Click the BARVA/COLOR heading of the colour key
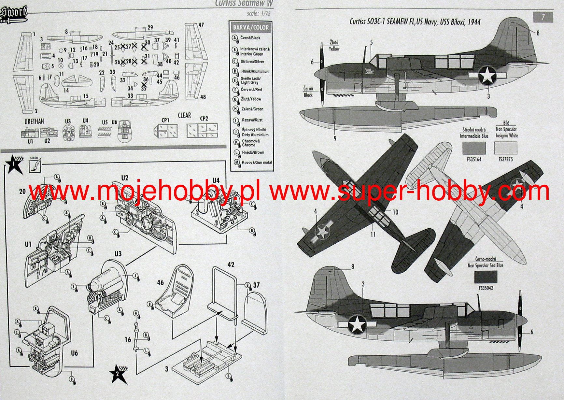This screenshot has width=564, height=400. (251, 27)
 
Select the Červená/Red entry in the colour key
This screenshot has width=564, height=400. (251, 90)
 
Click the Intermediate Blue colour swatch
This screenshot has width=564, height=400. (474, 149)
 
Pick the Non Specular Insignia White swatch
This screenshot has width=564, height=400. (505, 149)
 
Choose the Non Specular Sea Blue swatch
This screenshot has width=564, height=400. (486, 277)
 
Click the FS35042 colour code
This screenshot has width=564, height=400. (486, 288)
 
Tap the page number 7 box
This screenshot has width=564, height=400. (543, 17)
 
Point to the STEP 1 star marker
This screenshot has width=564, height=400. (14, 164)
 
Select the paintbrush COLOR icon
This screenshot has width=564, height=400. (34, 165)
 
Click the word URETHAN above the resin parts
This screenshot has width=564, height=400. (34, 121)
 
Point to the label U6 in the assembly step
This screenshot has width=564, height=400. (74, 353)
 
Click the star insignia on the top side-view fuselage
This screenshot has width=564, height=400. (487, 75)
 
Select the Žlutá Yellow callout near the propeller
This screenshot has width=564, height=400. (334, 46)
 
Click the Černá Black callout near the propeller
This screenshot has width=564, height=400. (308, 92)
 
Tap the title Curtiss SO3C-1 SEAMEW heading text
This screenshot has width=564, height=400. (415, 22)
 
